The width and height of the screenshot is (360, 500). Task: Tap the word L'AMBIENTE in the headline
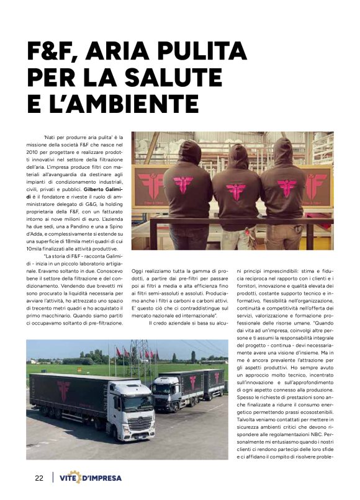click(x=122, y=102)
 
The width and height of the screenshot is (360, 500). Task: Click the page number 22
click(x=39, y=478)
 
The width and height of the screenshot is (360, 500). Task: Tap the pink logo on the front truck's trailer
click(x=63, y=390)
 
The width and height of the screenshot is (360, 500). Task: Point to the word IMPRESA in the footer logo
click(x=102, y=479)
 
